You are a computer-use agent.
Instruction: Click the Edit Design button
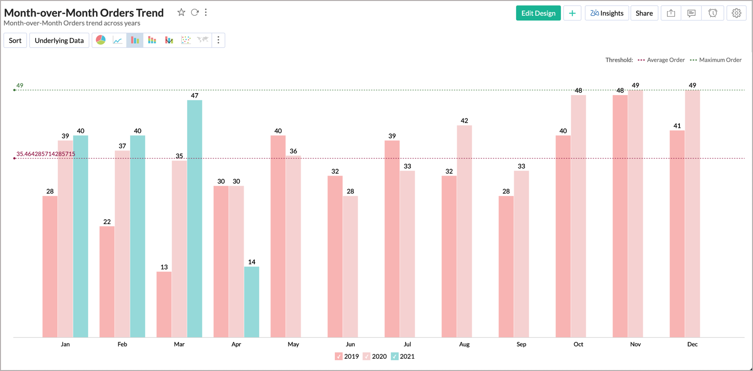[538, 13]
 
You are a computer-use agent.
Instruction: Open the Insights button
[607, 13]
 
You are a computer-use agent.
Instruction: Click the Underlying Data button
[59, 40]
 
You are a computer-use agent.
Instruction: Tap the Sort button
[15, 40]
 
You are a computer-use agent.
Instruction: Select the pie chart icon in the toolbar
[101, 40]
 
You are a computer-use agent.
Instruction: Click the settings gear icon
[736, 13]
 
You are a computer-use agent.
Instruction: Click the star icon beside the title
[181, 13]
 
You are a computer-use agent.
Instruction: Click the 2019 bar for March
[164, 304]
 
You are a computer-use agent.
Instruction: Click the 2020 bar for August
[464, 231]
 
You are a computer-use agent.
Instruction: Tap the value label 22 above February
[107, 222]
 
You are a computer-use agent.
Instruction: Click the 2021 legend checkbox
[395, 356]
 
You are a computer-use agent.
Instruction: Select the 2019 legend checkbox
[339, 356]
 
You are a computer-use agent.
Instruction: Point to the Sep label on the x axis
[521, 344]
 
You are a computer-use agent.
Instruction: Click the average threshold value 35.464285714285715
[46, 154]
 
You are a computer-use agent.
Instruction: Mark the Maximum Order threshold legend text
[720, 60]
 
